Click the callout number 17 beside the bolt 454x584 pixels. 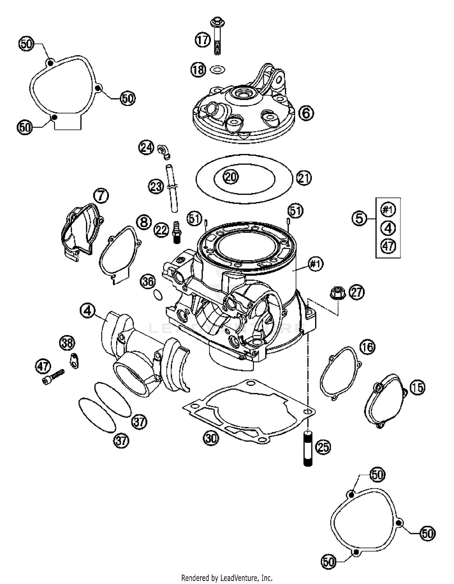[202, 40]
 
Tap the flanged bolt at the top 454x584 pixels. [217, 35]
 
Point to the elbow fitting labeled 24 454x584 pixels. [164, 151]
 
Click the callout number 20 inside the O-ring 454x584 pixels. [231, 177]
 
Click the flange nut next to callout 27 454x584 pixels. [338, 293]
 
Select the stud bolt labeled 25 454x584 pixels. [308, 448]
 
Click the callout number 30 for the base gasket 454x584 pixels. [211, 438]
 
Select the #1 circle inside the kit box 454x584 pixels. [388, 210]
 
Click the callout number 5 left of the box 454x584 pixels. [359, 218]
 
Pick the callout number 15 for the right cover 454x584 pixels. [417, 387]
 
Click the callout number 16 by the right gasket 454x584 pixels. [367, 347]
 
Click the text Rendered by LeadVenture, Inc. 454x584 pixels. [227, 578]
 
